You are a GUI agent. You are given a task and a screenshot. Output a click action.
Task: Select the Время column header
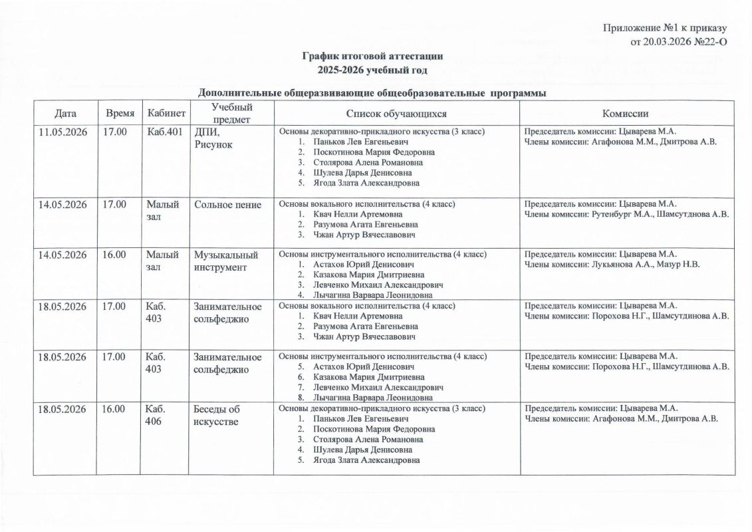[120, 113]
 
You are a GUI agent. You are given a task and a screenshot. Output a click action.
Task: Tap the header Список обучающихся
[396, 114]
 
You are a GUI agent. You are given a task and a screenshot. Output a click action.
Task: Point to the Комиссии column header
[625, 114]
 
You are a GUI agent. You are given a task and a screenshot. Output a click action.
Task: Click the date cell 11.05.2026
[63, 132]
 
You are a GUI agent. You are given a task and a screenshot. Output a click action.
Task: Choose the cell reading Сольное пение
[227, 205]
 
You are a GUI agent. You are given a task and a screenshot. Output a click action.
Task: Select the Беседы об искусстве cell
[216, 415]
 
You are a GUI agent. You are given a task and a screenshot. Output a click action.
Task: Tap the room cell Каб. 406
[156, 415]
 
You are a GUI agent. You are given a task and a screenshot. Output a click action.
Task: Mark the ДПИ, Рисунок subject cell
[213, 138]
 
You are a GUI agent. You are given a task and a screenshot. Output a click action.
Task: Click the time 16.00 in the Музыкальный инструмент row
[114, 255]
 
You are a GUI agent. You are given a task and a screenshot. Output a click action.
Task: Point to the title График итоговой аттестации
[372, 57]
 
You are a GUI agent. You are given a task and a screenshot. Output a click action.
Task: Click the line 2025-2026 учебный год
[372, 70]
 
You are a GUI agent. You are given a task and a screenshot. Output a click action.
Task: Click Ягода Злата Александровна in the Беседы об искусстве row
[366, 460]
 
